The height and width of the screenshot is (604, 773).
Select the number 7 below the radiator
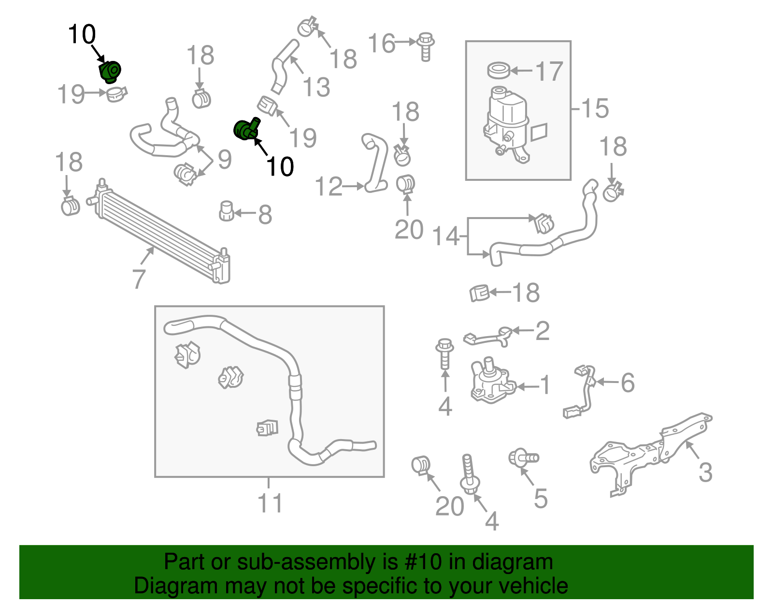(x=139, y=279)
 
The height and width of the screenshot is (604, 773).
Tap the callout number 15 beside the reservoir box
(x=594, y=108)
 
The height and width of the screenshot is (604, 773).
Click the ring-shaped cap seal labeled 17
(x=499, y=71)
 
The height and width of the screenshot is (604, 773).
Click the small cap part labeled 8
(x=226, y=211)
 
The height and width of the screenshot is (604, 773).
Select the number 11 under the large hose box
(x=270, y=503)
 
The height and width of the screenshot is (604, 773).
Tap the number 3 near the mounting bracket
(x=705, y=472)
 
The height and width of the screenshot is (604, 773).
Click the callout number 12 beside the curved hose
(x=329, y=187)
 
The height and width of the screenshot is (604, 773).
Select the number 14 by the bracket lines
(x=446, y=236)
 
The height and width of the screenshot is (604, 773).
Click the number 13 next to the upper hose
(x=316, y=88)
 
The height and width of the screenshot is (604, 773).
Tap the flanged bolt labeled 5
(x=523, y=457)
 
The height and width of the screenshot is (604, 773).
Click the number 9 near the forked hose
(x=224, y=160)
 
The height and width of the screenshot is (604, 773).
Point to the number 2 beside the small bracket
(x=542, y=331)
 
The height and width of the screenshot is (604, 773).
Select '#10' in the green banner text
(x=420, y=562)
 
